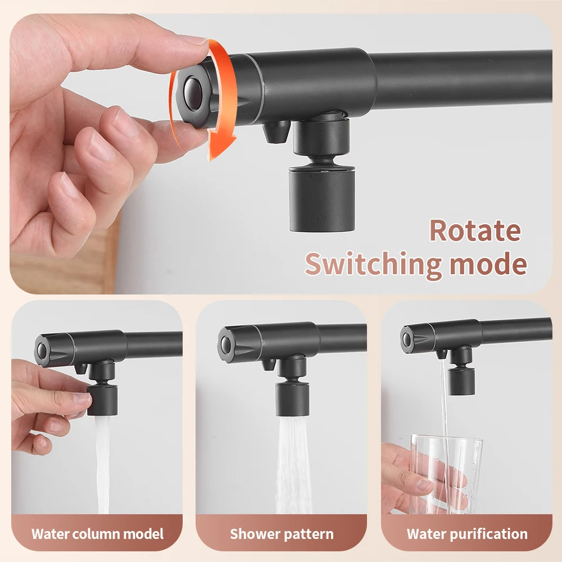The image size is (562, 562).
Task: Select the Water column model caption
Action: coord(97,533)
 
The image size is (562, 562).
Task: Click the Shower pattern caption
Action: coord(282,533)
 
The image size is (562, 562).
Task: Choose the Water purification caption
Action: coord(467,533)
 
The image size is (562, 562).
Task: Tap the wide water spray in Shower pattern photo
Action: coord(293,466)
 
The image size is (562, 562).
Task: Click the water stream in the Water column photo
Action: coord(103,466)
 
